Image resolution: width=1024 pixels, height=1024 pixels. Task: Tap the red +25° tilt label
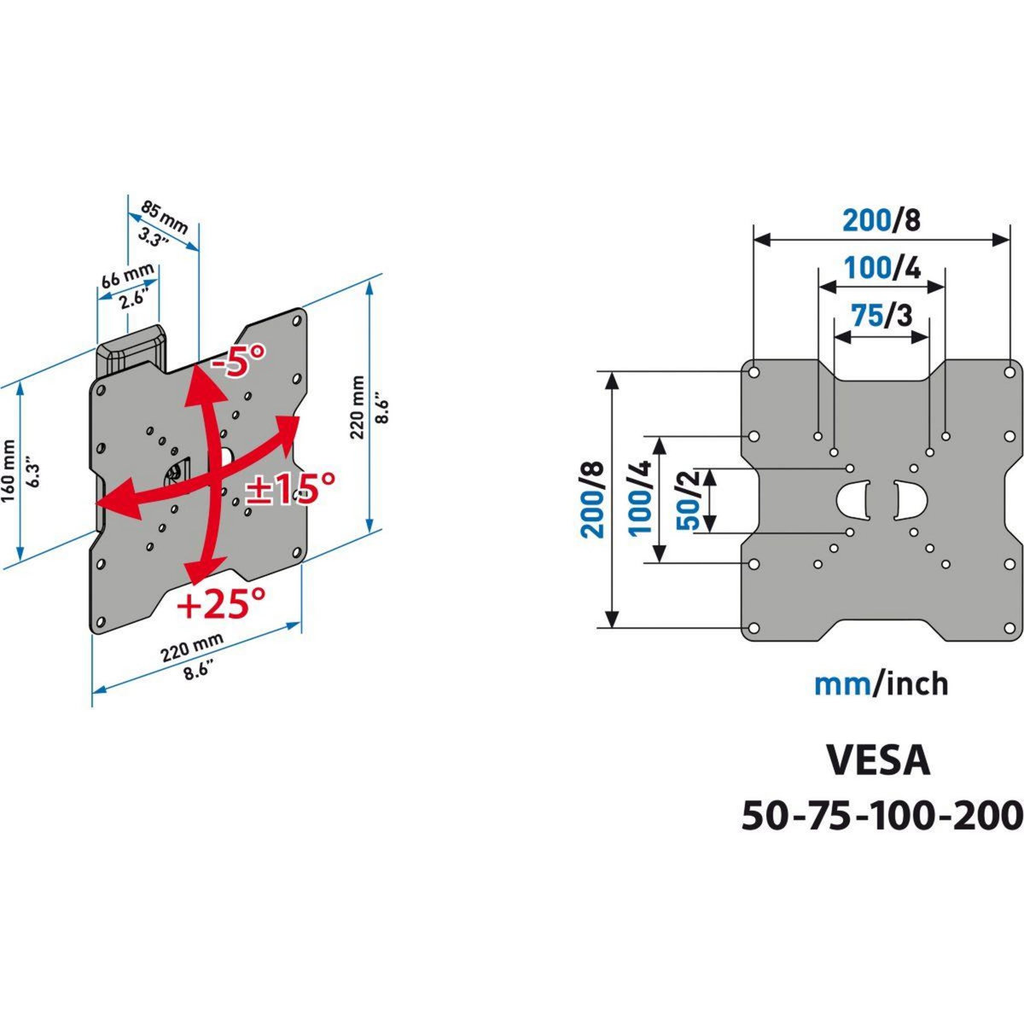pyautogui.click(x=221, y=604)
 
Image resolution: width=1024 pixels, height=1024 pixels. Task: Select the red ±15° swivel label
pyautogui.click(x=290, y=489)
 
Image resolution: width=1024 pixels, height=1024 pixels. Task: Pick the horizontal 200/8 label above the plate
pyautogui.click(x=881, y=220)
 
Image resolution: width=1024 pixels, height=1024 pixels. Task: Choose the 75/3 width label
pyautogui.click(x=881, y=316)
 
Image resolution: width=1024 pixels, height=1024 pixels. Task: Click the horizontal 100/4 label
pyautogui.click(x=881, y=269)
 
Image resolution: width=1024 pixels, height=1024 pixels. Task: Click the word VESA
pyautogui.click(x=878, y=760)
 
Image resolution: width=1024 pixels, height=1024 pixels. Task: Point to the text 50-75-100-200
pyautogui.click(x=881, y=815)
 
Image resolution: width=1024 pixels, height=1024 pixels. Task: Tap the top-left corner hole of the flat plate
pyautogui.click(x=754, y=372)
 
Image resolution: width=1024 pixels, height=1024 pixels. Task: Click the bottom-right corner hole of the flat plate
pyautogui.click(x=1009, y=628)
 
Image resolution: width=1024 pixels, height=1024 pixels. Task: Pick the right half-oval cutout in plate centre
pyautogui.click(x=908, y=500)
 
